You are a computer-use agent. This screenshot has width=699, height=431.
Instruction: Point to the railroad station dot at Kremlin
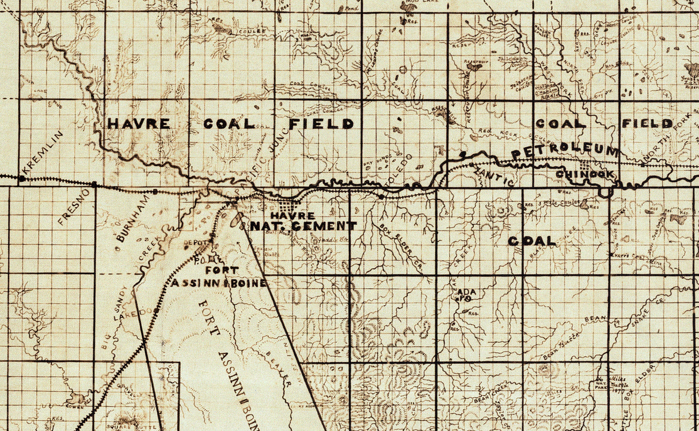(22, 179)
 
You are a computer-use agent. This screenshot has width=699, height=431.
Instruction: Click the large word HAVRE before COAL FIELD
(139, 124)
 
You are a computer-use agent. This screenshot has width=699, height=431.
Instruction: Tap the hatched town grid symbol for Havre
(288, 206)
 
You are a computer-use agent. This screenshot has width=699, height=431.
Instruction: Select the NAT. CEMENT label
(303, 226)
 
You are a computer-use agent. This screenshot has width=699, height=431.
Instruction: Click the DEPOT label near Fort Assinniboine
(193, 243)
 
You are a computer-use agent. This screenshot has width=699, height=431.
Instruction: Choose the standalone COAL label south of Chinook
(531, 241)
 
